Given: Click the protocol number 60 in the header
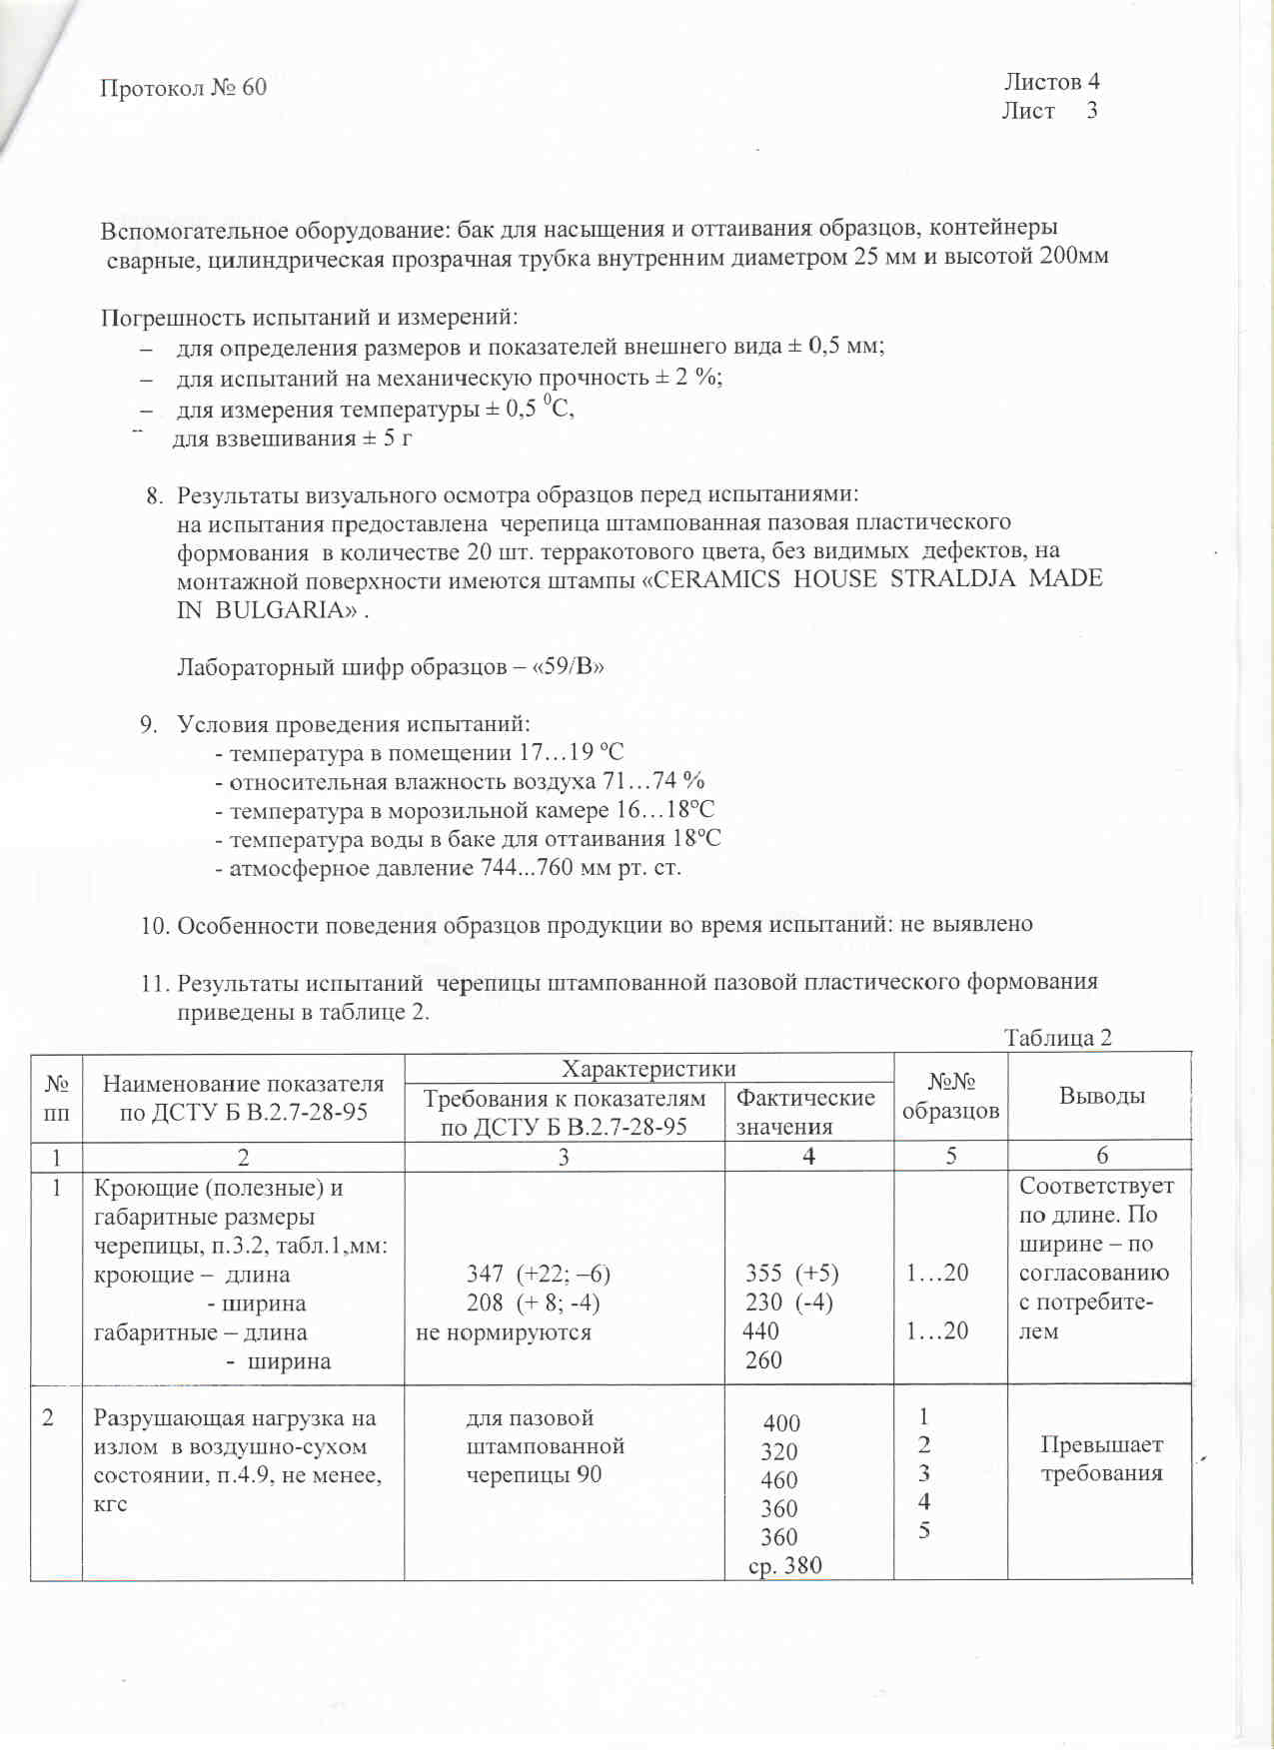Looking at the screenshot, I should pos(254,88).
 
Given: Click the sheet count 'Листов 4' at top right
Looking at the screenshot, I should pos(1051,82).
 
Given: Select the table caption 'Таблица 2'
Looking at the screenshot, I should pos(1057,1038).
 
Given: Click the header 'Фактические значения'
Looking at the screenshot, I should pos(804,1112).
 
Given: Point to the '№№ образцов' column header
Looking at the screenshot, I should pos(950,1096).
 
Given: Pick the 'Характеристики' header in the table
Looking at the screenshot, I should pos(648,1069).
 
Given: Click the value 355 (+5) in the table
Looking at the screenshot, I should pos(791,1274).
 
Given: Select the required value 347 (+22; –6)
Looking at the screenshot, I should pos(538,1274).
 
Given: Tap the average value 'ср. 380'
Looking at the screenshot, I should pos(785,1565).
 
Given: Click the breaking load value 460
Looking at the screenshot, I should pos(779,1480).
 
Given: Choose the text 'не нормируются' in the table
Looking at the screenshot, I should pos(504,1332).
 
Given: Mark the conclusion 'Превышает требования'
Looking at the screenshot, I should pos(1101,1459).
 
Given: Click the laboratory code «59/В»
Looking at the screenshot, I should pos(570,666).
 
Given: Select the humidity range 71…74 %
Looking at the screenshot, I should pos(653,781).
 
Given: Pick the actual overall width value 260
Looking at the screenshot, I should pos(763,1360).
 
